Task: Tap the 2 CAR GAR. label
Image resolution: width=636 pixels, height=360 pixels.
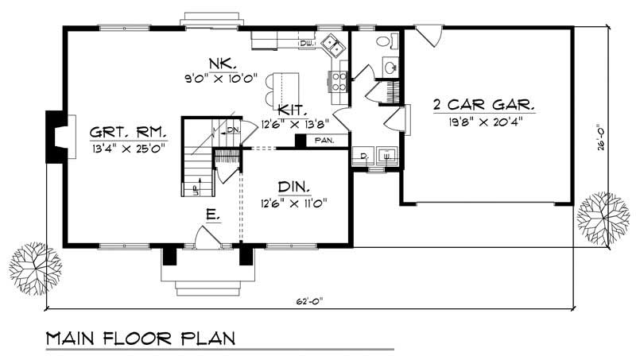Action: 483,105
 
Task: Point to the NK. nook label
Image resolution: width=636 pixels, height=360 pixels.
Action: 220,63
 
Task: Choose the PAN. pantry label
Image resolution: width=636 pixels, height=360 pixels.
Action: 324,141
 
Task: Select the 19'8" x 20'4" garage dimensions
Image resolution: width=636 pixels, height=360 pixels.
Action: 483,122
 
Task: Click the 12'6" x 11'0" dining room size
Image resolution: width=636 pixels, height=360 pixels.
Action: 293,203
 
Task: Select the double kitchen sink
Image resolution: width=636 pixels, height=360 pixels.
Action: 334,46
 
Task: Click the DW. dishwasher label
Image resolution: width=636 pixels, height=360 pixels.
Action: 306,43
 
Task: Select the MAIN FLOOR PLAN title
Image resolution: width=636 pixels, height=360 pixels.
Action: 140,338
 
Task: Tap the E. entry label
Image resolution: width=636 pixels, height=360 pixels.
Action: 213,215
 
